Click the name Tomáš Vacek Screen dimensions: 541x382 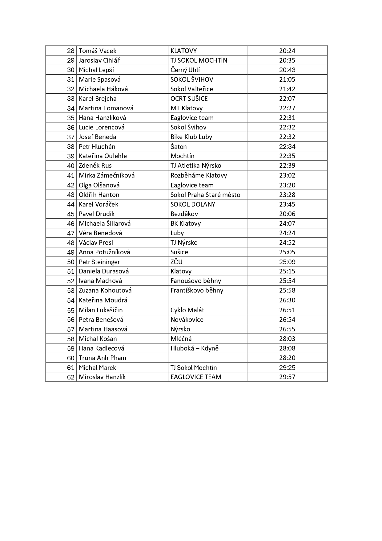[98, 51]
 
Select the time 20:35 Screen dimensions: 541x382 [287, 60]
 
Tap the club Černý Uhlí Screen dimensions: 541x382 [185, 70]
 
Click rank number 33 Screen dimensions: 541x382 [71, 99]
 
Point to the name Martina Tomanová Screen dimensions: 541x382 [106, 108]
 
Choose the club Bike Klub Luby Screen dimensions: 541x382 [191, 137]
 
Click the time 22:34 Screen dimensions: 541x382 [287, 146]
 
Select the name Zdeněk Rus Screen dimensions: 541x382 [95, 166]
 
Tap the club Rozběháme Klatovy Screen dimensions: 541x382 [199, 175]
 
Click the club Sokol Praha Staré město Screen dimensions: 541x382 [205, 195]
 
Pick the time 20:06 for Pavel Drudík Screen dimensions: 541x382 [287, 214]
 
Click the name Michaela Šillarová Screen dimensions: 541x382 [105, 223]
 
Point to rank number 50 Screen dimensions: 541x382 [71, 262]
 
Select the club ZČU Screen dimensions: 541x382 [176, 262]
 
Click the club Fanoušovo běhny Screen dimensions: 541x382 [196, 281]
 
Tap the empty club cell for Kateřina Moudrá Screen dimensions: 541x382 [207, 300]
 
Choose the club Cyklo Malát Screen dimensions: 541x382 [187, 310]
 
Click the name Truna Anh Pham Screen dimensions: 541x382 [102, 358]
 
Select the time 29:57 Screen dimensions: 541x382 [287, 377]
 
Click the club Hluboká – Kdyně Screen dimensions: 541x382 [194, 348]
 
